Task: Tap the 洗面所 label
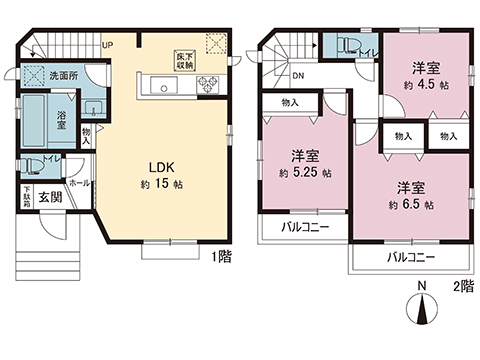tap(64, 76)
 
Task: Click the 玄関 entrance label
tap(51, 197)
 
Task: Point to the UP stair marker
tap(106, 45)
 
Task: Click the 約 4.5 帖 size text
tap(427, 86)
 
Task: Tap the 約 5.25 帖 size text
tap(305, 172)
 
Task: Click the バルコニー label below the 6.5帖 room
tap(411, 257)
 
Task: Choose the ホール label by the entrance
tap(80, 184)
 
